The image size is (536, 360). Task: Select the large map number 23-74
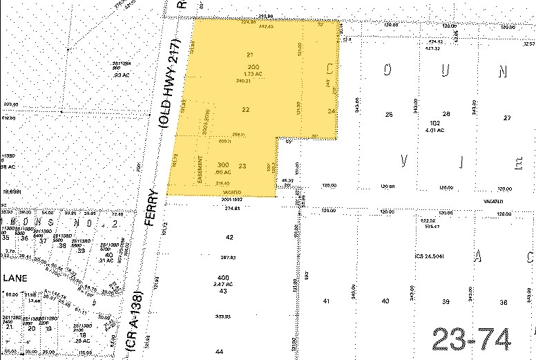pos(473,340)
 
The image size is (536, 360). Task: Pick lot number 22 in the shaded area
pos(246,109)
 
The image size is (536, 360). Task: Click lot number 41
pos(327,301)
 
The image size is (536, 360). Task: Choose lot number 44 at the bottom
pos(219,352)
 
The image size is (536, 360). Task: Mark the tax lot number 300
pos(223,164)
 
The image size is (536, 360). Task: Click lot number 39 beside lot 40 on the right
pos(446,301)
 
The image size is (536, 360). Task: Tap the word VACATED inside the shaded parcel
pos(232,192)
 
